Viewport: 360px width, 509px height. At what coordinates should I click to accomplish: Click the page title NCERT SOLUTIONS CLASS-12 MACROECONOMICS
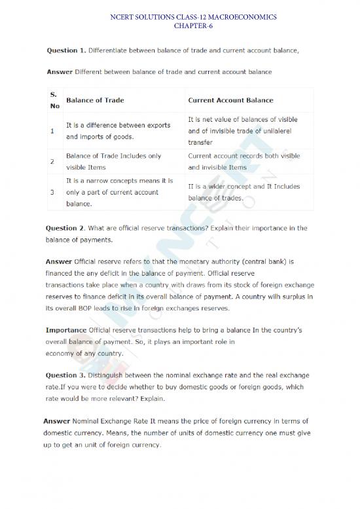click(x=180, y=16)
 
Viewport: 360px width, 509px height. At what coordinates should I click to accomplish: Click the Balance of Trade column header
click(x=96, y=100)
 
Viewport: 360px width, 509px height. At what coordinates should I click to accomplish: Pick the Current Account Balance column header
click(x=230, y=100)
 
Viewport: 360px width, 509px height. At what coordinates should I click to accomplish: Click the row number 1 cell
click(x=52, y=131)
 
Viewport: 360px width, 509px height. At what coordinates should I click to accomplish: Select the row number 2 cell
click(x=52, y=161)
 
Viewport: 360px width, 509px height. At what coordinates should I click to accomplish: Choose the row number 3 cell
click(x=52, y=192)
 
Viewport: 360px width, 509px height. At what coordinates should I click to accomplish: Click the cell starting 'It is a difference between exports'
click(x=118, y=130)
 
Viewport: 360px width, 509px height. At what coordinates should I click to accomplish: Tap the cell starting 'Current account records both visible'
click(x=243, y=161)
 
